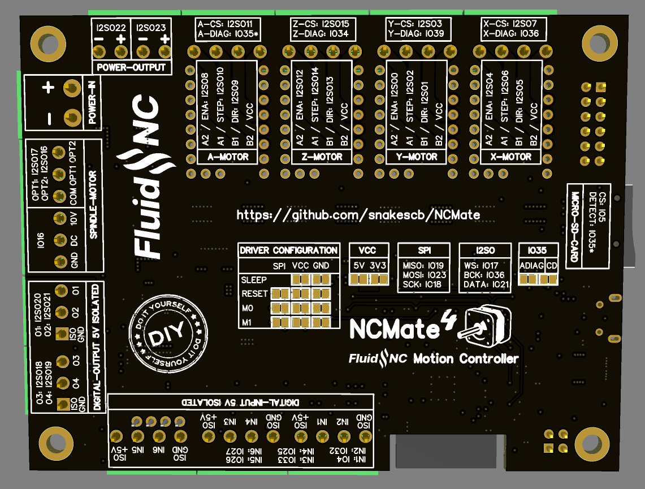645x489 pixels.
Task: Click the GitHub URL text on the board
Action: (358, 215)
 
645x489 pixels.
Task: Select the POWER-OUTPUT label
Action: (131, 67)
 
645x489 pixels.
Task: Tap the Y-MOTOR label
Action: (418, 157)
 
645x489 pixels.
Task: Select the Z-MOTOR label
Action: (322, 157)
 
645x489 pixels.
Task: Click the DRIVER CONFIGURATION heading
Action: (288, 250)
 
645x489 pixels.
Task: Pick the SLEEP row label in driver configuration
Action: (253, 280)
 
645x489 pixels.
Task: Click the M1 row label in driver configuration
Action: (247, 322)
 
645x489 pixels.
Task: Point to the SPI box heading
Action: (424, 250)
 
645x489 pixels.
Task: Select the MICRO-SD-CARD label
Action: (575, 226)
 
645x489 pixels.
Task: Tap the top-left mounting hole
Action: (45, 41)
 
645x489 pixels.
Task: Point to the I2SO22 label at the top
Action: (111, 27)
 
